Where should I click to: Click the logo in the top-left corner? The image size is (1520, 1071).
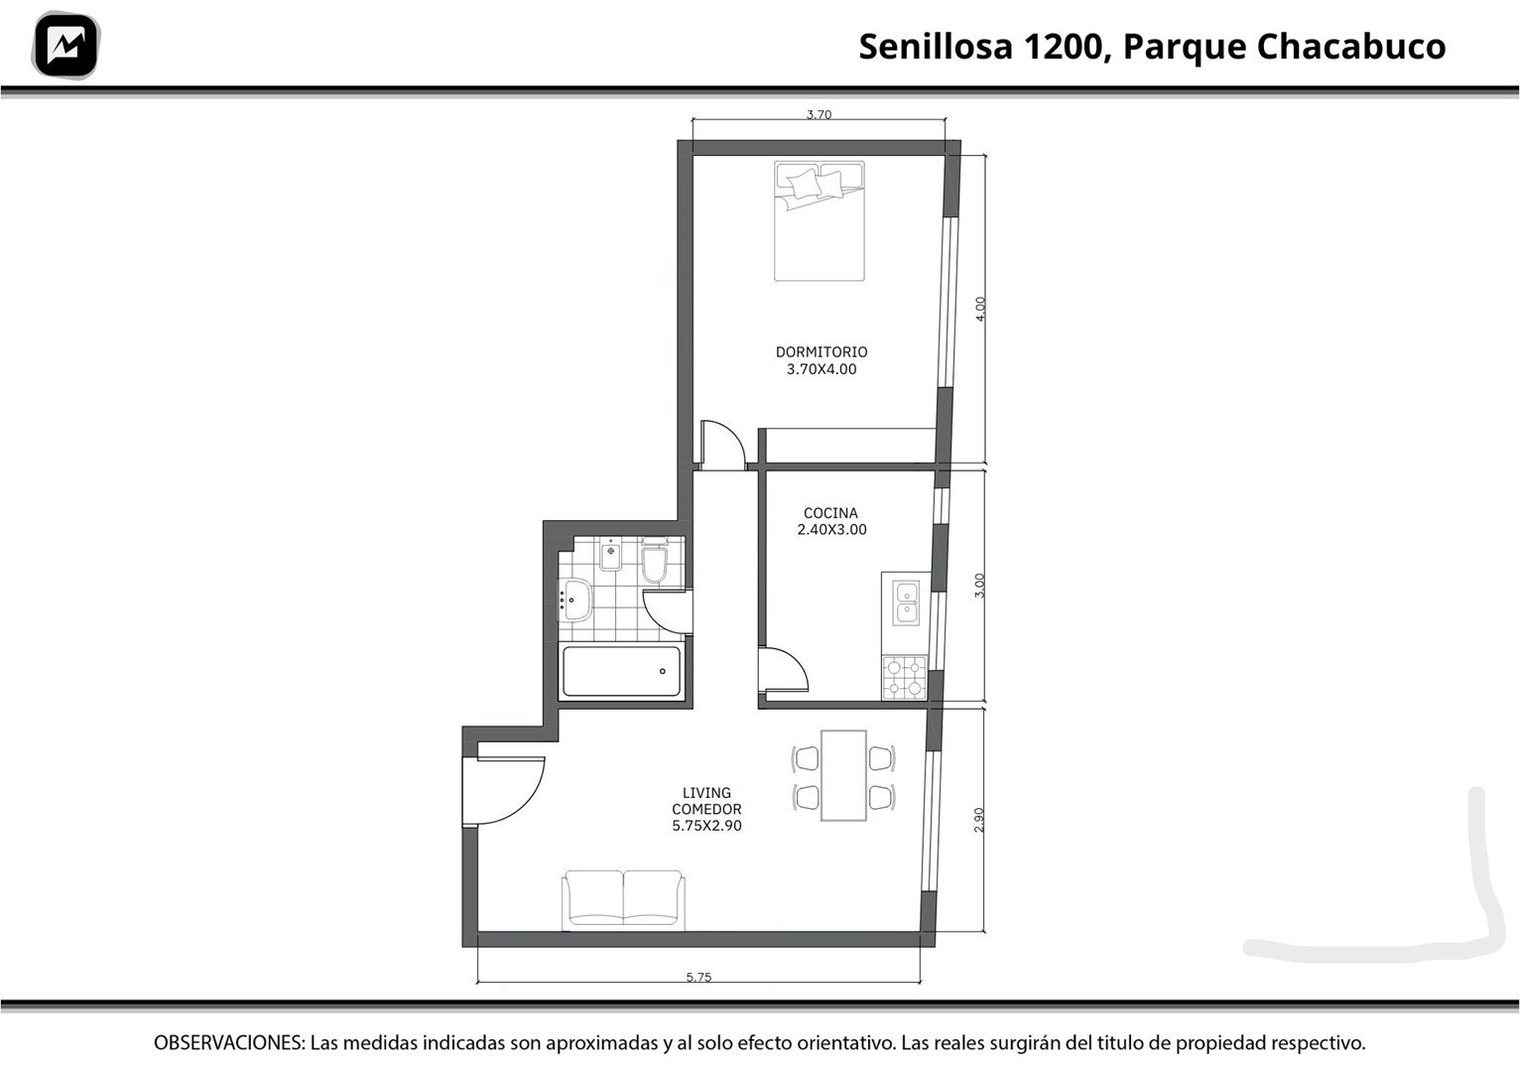[65, 46]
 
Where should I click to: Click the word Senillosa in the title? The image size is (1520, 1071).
[936, 47]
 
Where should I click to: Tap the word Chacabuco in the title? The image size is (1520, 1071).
[1351, 47]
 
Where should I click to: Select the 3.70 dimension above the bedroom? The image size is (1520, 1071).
[820, 115]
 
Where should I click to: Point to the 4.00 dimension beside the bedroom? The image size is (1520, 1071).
[980, 309]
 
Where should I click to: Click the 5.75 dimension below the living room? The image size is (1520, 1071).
[698, 978]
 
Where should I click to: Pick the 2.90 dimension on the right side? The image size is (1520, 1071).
[978, 820]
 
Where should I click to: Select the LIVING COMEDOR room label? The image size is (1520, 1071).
[707, 809]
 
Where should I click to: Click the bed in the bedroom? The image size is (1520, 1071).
[820, 220]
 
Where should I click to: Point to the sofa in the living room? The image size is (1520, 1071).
[623, 900]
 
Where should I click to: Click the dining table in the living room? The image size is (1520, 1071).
[843, 776]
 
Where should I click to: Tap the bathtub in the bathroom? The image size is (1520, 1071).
[621, 671]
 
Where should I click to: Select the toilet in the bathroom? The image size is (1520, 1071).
[655, 560]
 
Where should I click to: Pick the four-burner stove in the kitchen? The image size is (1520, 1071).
[904, 677]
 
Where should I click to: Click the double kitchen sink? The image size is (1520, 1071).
[906, 602]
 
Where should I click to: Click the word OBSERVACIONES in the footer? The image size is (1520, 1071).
[229, 1042]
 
